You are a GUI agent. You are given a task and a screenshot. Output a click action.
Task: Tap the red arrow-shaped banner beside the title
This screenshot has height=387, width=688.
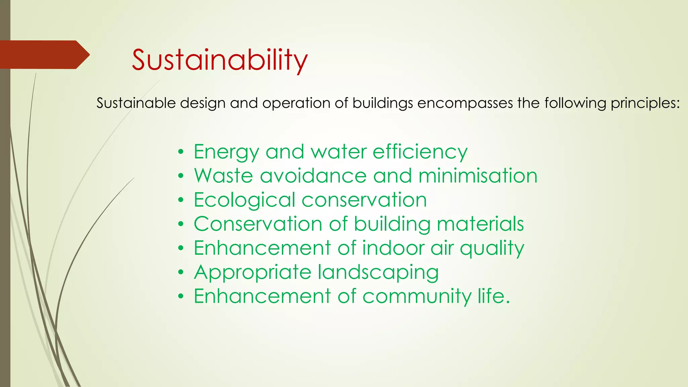point(44,55)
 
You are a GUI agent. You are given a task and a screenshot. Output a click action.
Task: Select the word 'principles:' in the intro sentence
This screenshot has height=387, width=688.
point(645,103)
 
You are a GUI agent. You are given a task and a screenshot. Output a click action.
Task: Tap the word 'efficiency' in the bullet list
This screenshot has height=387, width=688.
point(420,152)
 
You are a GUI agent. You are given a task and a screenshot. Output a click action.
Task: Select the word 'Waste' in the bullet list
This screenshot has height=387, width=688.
point(223,176)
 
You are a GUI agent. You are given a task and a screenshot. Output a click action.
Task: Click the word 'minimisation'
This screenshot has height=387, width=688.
point(478,176)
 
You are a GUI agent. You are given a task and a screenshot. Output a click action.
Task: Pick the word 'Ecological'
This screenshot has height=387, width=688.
point(244,200)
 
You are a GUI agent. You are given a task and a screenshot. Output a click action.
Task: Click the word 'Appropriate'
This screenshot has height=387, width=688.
point(253,272)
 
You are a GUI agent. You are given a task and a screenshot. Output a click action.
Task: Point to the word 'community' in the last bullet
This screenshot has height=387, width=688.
point(417,297)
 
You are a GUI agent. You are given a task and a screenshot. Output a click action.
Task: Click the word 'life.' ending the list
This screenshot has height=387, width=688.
point(493,296)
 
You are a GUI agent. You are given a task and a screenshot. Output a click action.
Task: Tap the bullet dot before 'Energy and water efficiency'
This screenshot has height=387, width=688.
point(181,152)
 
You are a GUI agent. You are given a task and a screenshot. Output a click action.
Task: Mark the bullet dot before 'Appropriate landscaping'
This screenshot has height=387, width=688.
point(181,272)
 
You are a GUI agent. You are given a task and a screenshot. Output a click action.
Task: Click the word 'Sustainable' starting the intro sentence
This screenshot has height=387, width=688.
point(136,103)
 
